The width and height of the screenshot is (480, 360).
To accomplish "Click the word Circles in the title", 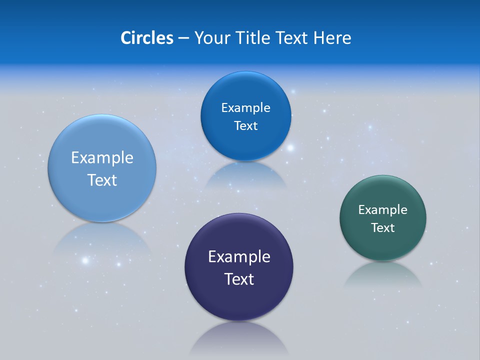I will [146, 38].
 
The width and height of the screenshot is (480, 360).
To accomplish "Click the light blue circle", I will [102, 200].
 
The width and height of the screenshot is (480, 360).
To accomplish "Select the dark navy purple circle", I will [239, 300].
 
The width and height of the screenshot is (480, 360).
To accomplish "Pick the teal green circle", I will [383, 245].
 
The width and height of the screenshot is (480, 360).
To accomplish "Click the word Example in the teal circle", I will [383, 210].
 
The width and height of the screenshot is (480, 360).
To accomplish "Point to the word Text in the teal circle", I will [383, 228].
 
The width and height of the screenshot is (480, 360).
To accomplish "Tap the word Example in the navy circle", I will [239, 257].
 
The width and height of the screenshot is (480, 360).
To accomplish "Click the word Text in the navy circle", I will [239, 279].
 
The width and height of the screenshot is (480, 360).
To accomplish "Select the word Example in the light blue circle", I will [102, 158].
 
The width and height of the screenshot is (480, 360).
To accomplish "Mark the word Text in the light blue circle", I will [102, 180].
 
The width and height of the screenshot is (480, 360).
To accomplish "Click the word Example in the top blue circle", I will [245, 108].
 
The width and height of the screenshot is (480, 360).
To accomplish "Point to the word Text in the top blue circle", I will [245, 126].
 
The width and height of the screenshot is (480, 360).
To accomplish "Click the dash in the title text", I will [183, 38].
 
